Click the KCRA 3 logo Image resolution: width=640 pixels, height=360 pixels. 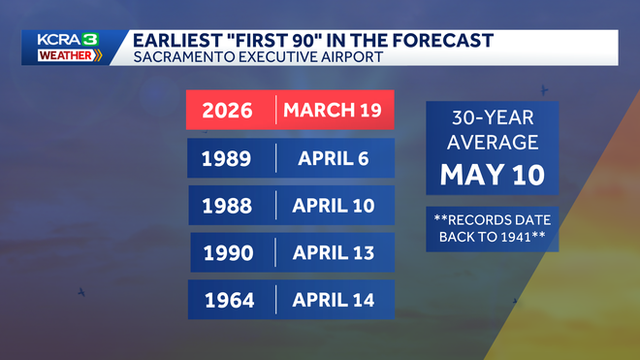point(68,40)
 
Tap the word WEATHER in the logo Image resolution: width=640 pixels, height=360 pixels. point(65,55)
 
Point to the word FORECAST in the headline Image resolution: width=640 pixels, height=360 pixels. point(442,41)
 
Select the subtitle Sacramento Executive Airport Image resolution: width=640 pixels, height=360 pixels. point(258,57)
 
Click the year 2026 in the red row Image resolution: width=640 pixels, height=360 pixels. point(227,111)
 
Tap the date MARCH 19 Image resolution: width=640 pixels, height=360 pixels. point(333,110)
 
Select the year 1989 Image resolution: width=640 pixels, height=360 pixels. point(226,158)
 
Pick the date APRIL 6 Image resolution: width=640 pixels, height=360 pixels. point(333,158)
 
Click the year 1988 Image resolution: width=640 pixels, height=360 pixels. point(227,206)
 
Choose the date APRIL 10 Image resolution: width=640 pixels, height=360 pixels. point(333,206)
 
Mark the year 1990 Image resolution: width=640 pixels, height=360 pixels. point(228,253)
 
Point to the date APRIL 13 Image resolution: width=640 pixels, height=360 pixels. point(333,253)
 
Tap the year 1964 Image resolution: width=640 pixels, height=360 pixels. point(229,301)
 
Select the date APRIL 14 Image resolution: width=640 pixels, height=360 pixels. point(333,301)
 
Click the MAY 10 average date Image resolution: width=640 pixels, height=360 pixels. point(493,175)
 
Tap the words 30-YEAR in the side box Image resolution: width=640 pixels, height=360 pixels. point(493,118)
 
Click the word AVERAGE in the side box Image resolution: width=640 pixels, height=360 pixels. point(493,143)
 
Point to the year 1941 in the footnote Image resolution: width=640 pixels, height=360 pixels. point(517,237)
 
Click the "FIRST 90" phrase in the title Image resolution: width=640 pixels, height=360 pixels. point(274,41)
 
